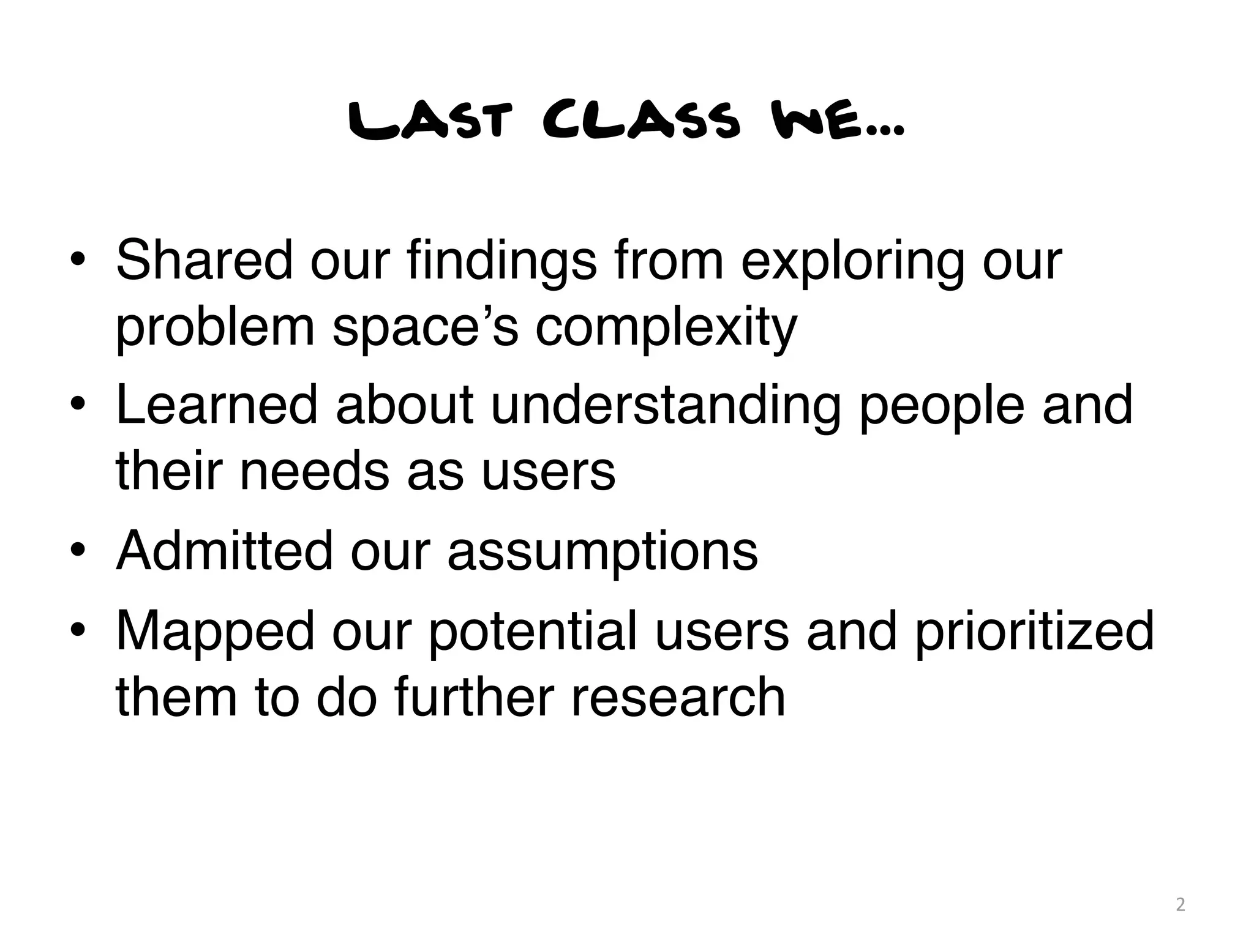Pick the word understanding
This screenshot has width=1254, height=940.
pyautogui.click(x=666, y=407)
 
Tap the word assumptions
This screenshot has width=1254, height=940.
pyautogui.click(x=603, y=553)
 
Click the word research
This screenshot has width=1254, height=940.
pyautogui.click(x=678, y=697)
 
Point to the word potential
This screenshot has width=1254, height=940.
pyautogui.click(x=533, y=632)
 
